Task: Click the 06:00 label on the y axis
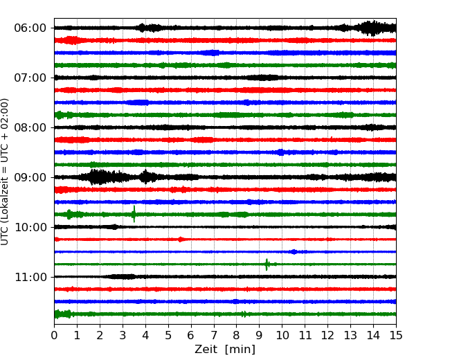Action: (x=30, y=28)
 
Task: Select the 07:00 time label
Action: (x=30, y=78)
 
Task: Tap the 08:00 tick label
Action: (x=30, y=127)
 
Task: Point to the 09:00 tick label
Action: (x=30, y=177)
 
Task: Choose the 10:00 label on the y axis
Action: (x=30, y=227)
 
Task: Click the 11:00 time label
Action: (x=30, y=277)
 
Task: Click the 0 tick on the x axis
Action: (x=54, y=336)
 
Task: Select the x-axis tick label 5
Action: (x=168, y=336)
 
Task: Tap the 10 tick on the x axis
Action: (x=282, y=336)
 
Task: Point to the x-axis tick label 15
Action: (x=396, y=336)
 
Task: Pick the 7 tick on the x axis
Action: (x=214, y=336)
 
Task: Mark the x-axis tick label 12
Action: (x=328, y=336)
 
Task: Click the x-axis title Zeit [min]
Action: (x=225, y=350)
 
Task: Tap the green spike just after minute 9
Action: (x=267, y=264)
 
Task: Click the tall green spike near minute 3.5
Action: (x=134, y=214)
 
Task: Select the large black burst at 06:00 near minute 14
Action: (x=372, y=28)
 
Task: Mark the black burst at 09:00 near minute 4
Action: (x=145, y=177)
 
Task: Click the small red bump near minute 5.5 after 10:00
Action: (x=181, y=240)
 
